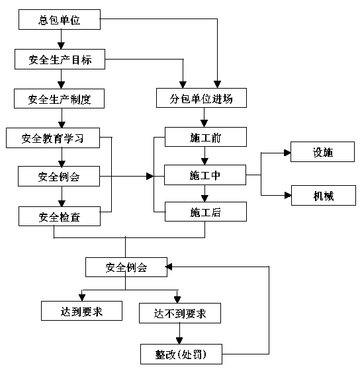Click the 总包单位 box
point(60,20)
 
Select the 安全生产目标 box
point(60,59)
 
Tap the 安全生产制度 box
point(59,99)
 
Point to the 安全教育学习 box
point(53,138)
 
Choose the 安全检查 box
point(60,216)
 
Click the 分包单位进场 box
point(201,98)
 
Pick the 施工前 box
point(206,137)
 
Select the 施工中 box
point(205,175)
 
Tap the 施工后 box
point(206,212)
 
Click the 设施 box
point(322,152)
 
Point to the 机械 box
point(324,196)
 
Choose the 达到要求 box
point(81,311)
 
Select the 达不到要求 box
point(180,313)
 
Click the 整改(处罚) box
point(181,354)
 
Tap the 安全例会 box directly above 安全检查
point(59,177)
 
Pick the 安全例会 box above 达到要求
point(126,267)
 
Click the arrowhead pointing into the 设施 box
point(287,153)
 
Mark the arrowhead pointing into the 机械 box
point(288,196)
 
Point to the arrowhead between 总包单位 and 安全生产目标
point(61,46)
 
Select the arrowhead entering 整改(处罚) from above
point(179,341)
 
